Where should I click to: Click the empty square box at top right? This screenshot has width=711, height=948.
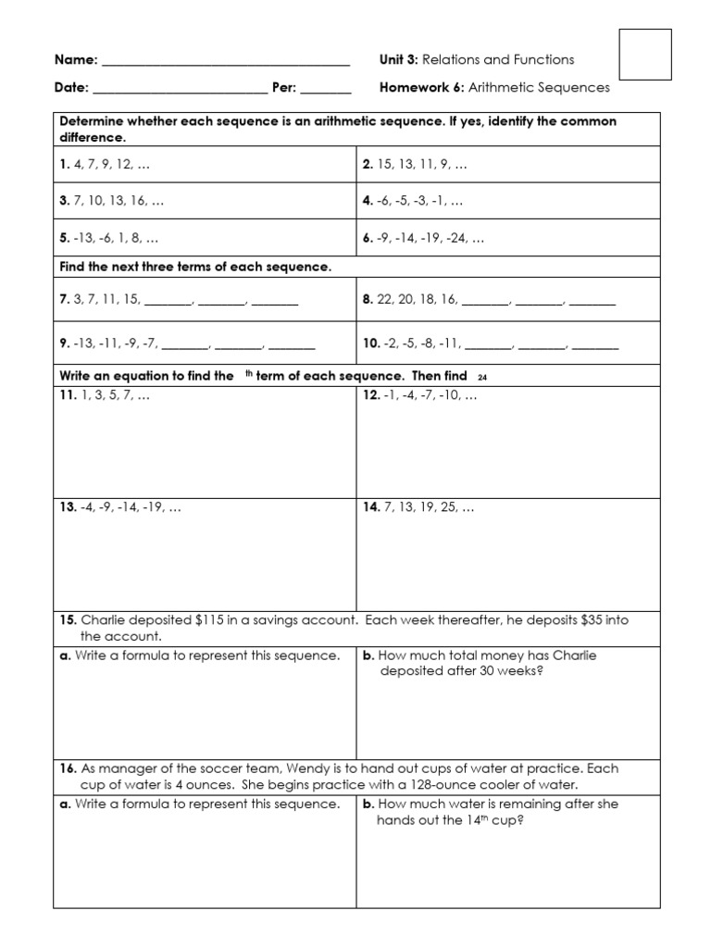644,54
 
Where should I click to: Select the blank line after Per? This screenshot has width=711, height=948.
326,94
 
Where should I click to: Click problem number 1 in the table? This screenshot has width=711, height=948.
64,164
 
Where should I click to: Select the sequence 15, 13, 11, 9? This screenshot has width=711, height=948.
421,164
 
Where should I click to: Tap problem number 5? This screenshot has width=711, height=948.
64,238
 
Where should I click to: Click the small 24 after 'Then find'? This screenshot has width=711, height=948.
481,378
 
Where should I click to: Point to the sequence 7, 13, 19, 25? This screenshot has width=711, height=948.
425,507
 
